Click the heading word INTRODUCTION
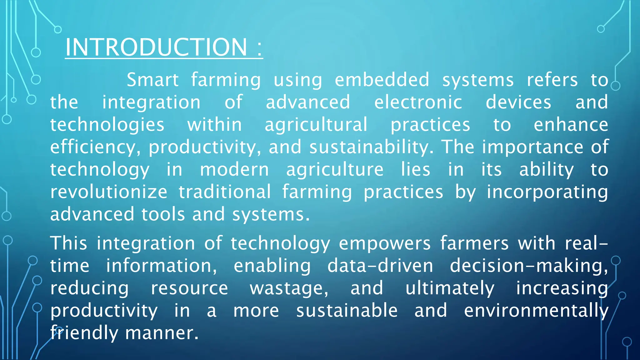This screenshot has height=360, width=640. tap(156, 47)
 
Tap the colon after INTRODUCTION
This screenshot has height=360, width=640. tap(259, 48)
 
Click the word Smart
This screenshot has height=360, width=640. tap(152, 80)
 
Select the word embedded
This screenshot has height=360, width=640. tap(382, 80)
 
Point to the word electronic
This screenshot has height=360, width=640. tap(418, 102)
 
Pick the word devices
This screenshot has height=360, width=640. tap(518, 102)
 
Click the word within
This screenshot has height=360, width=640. tap(215, 125)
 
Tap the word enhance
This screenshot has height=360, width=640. tap(571, 125)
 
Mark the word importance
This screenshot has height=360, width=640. tap(532, 147)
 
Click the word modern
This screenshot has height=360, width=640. tap(234, 170)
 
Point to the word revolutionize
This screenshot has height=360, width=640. tap(109, 192)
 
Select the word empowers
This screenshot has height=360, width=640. tap(385, 244)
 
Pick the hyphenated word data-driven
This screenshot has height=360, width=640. tap(380, 266)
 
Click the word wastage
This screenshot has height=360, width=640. tap(288, 288)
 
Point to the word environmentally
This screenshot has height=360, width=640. tap(536, 311)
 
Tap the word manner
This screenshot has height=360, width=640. tap(162, 333)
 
